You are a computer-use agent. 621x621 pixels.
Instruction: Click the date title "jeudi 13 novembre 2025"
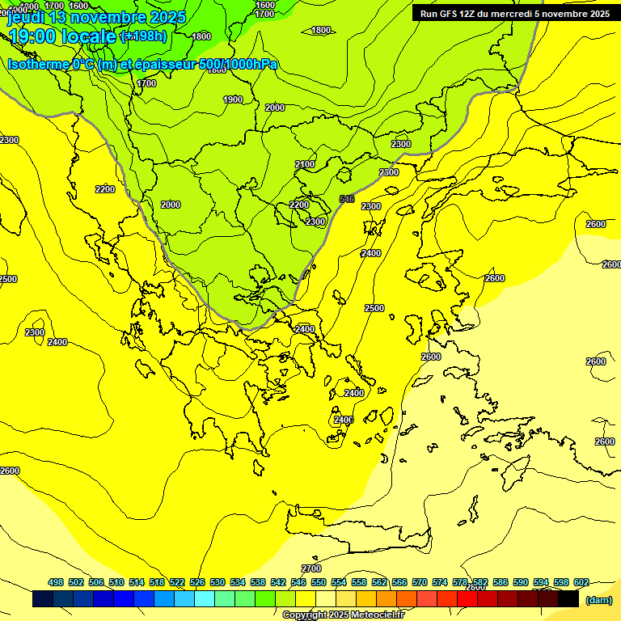click(x=97, y=17)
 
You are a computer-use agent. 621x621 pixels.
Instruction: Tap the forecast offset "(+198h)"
click(x=143, y=36)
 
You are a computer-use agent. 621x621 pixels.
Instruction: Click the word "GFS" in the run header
click(x=447, y=13)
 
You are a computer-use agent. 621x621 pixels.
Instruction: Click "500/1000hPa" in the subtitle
click(x=238, y=64)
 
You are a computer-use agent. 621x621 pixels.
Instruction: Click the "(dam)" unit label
click(x=598, y=599)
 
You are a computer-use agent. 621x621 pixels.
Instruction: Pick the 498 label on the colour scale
click(x=56, y=582)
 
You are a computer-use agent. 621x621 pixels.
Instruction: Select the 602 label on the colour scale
click(x=581, y=582)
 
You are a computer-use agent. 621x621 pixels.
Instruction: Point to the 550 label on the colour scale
click(x=319, y=582)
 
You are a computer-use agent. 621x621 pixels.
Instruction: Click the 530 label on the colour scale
click(x=218, y=582)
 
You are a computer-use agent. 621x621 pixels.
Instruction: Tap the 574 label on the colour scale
click(x=440, y=582)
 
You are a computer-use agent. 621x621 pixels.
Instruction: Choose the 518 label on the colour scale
click(x=157, y=582)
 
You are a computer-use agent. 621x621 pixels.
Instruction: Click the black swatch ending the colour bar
click(x=568, y=599)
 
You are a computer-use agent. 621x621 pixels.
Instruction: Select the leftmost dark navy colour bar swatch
click(x=43, y=599)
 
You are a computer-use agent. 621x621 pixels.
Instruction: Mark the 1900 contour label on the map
click(x=233, y=99)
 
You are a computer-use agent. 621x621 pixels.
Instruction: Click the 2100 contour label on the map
click(x=305, y=164)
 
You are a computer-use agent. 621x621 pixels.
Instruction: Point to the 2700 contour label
click(x=311, y=568)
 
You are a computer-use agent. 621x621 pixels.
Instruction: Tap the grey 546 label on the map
click(x=347, y=199)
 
